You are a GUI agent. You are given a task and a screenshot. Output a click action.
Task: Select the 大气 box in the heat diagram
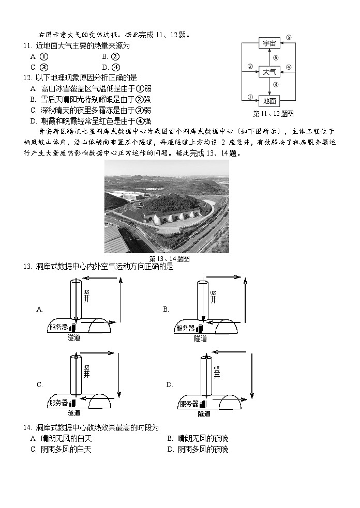click(x=269, y=72)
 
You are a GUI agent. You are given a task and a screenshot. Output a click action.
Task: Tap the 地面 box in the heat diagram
click(x=269, y=101)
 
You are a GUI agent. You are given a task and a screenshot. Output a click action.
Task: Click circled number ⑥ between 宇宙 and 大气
click(x=276, y=58)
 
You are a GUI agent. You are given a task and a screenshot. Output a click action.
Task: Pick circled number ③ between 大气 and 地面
click(x=276, y=85)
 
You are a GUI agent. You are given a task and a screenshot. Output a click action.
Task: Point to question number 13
click(x=27, y=267)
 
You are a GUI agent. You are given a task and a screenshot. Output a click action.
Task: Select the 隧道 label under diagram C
click(x=74, y=413)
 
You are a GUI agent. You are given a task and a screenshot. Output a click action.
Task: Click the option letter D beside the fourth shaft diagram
click(x=169, y=385)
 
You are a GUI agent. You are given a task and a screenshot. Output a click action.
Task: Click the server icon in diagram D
click(x=203, y=404)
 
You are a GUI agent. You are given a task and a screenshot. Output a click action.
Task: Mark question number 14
click(x=27, y=428)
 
